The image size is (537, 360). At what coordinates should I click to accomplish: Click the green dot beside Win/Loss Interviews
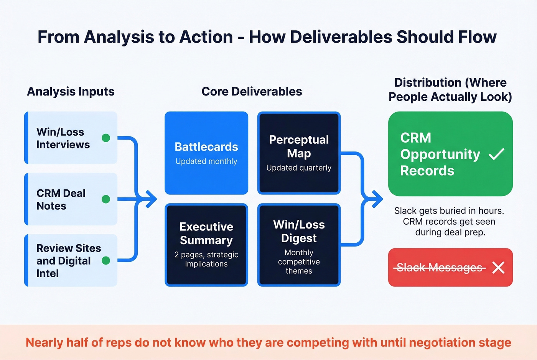pyautogui.click(x=106, y=138)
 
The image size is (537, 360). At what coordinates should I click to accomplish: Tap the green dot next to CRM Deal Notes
pyautogui.click(x=106, y=199)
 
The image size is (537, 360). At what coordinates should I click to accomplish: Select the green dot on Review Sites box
pyautogui.click(x=106, y=261)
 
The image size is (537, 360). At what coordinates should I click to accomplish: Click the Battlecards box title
pyautogui.click(x=206, y=147)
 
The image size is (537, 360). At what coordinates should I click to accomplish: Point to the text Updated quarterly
pyautogui.click(x=299, y=168)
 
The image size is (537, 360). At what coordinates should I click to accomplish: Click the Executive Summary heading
pyautogui.click(x=206, y=233)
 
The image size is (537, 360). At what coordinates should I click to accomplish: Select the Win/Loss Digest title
pyautogui.click(x=299, y=231)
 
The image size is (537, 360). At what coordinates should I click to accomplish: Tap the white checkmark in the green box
pyautogui.click(x=496, y=154)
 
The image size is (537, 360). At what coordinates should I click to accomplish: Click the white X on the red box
pyautogui.click(x=498, y=268)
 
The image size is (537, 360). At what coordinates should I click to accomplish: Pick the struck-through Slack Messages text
pyautogui.click(x=440, y=268)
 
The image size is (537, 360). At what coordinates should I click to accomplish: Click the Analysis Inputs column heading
pyautogui.click(x=71, y=92)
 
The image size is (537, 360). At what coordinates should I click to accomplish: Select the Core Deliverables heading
pyautogui.click(x=252, y=92)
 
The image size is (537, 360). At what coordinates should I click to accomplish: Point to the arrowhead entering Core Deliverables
pyautogui.click(x=152, y=199)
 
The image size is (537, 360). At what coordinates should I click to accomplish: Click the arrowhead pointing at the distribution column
pyautogui.click(x=378, y=199)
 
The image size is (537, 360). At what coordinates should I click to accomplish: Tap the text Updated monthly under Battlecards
pyautogui.click(x=206, y=161)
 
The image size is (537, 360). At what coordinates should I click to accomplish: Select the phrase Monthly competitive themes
pyautogui.click(x=299, y=262)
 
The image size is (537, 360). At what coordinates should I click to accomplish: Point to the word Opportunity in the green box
pyautogui.click(x=440, y=154)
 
